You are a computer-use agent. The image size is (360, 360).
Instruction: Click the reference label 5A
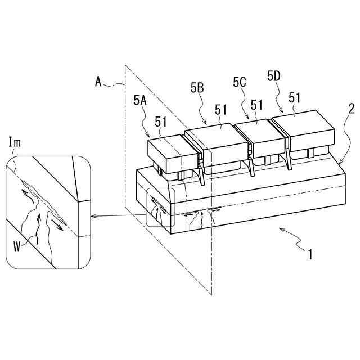point(140,101)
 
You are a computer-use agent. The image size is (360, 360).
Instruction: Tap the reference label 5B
point(197,88)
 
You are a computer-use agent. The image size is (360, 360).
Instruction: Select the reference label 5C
point(240,82)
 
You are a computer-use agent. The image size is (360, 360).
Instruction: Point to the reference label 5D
point(274,76)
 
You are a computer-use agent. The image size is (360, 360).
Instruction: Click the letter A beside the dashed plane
point(98,82)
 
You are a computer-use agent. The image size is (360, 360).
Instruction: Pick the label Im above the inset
point(15,142)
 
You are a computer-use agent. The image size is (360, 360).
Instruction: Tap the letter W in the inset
point(17,247)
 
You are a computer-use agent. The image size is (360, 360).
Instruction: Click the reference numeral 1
point(310,254)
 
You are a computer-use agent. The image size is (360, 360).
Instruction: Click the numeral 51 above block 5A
point(161,122)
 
